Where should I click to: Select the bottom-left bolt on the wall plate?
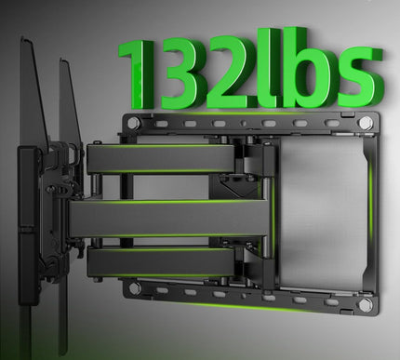coord(136,288)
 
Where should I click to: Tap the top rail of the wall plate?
coord(251,123)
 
